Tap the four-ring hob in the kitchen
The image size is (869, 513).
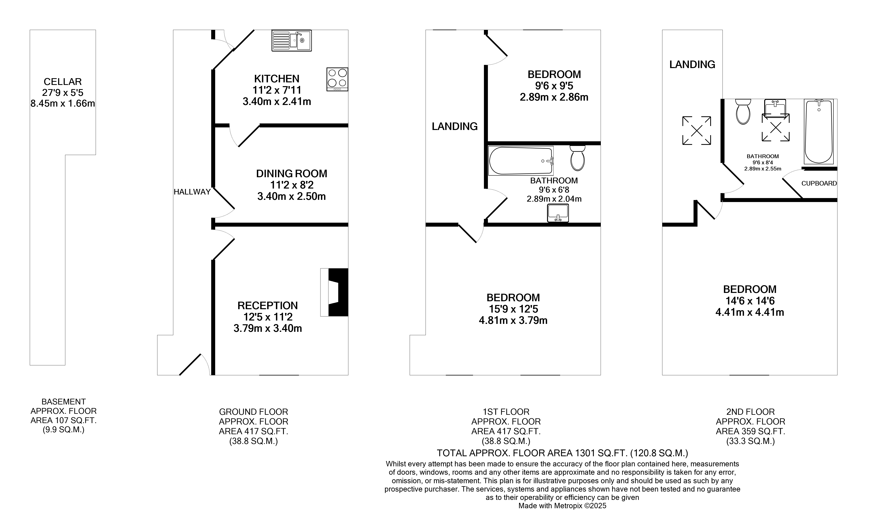[x=337, y=79]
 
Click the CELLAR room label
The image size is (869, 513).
[x=63, y=82]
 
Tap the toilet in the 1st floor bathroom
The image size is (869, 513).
[x=577, y=158]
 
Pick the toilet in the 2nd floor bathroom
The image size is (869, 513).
[x=743, y=112]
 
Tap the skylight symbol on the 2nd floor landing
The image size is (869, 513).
[x=697, y=131]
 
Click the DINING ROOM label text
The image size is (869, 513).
[x=291, y=173]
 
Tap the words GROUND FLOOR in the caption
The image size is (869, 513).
[x=253, y=412]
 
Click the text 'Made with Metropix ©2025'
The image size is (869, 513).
[x=562, y=506]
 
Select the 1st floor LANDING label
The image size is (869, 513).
[x=455, y=127]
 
